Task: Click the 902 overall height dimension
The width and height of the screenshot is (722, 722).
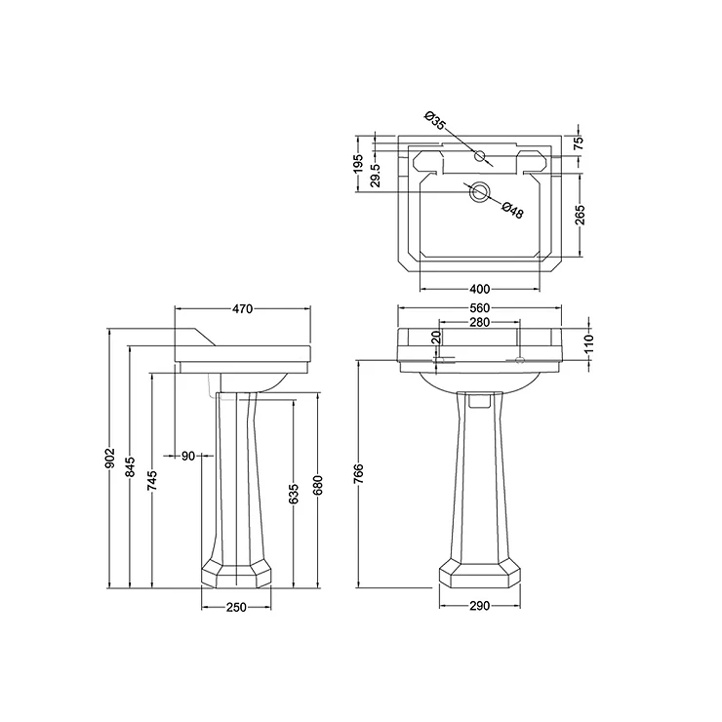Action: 110,459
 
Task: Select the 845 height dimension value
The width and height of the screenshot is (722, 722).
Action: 131,467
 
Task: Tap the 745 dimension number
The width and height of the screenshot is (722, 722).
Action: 153,481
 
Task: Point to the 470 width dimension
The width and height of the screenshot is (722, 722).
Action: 242,309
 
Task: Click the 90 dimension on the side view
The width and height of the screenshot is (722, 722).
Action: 188,456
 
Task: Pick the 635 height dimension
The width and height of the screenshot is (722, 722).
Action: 295,494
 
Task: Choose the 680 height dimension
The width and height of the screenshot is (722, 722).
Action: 318,486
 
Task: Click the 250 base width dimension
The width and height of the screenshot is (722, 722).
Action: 236,608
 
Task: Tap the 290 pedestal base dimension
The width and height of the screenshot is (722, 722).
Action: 479,606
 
